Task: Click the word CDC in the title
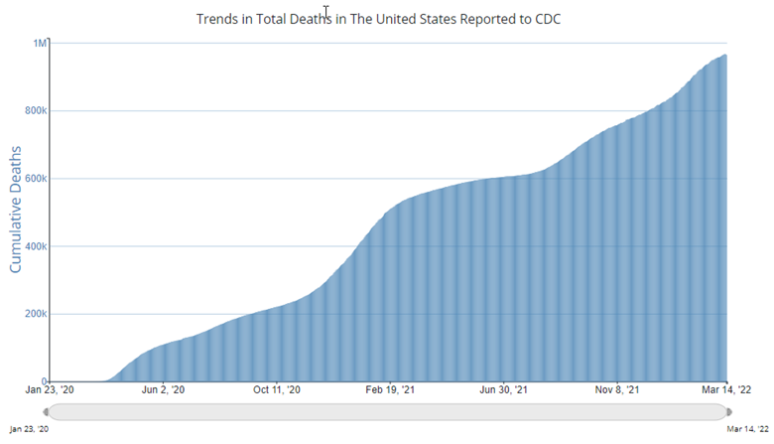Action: click(547, 19)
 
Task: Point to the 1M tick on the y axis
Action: click(40, 43)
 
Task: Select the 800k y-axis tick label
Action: click(35, 111)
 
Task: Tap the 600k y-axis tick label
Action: click(35, 179)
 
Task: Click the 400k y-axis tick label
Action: click(35, 246)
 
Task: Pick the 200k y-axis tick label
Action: click(35, 314)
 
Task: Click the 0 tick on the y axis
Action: click(44, 381)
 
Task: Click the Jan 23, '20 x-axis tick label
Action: click(49, 391)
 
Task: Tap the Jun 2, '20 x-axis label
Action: click(163, 391)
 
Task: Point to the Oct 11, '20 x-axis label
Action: click(277, 391)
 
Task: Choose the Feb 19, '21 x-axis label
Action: click(392, 391)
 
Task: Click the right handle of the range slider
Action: click(728, 412)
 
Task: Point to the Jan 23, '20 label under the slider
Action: click(27, 428)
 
